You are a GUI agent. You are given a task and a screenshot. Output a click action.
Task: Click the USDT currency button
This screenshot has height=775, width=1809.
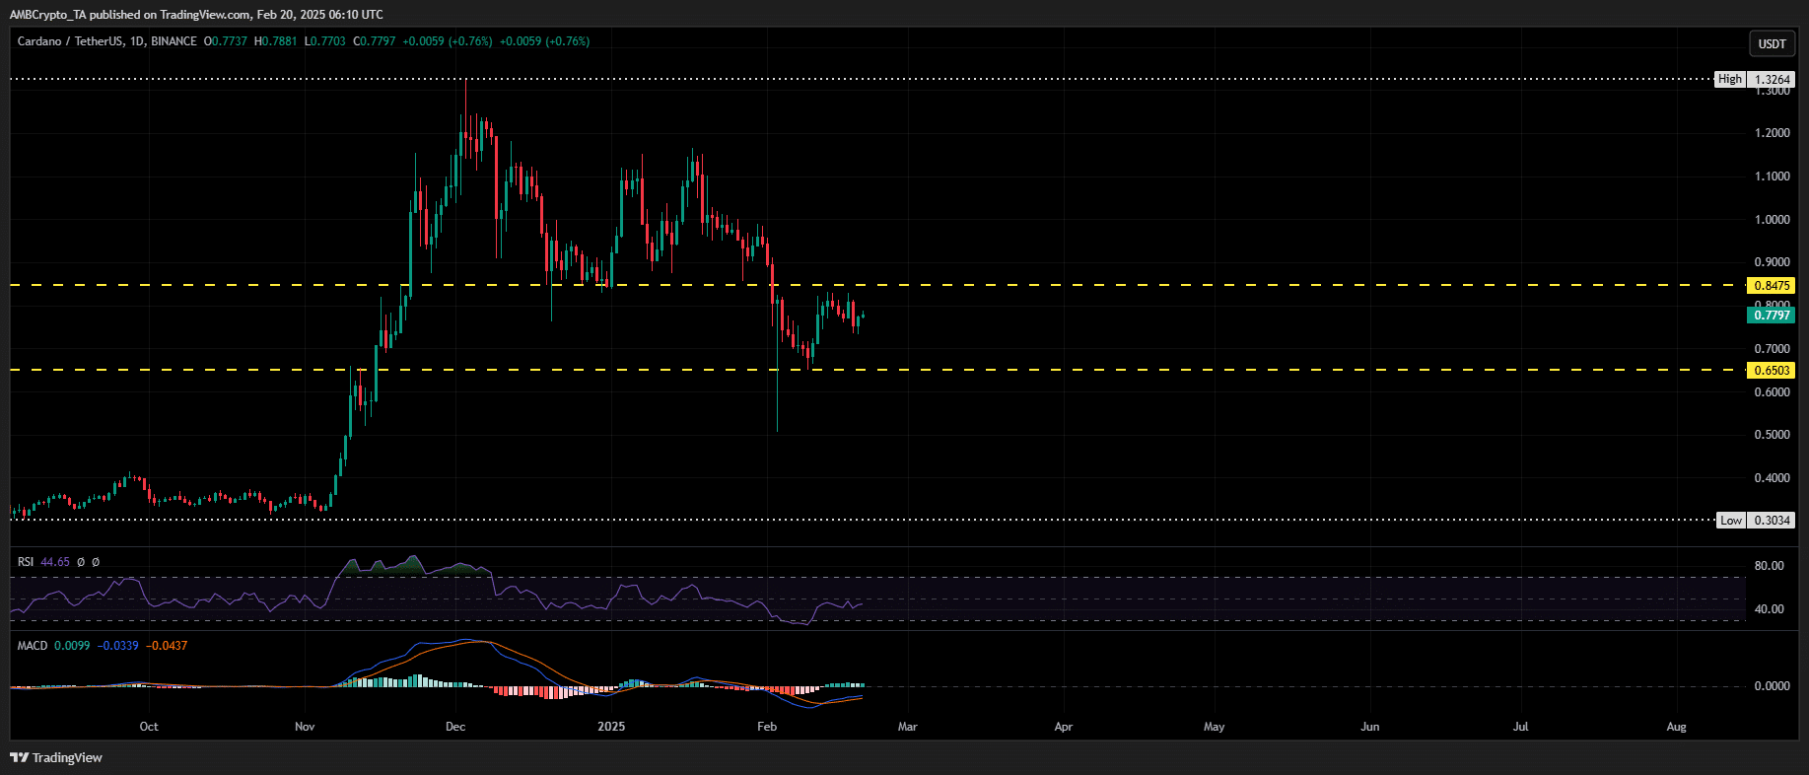(x=1772, y=43)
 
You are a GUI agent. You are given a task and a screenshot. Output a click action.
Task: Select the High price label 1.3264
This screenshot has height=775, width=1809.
(x=1772, y=79)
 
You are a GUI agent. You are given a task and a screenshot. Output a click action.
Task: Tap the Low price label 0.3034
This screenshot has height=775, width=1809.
(x=1772, y=520)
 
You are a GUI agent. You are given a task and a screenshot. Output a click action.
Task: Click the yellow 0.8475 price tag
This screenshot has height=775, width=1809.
(x=1772, y=286)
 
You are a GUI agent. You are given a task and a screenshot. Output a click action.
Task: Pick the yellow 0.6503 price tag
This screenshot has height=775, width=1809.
(x=1772, y=371)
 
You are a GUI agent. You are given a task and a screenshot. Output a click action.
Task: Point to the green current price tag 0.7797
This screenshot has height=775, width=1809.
(x=1772, y=316)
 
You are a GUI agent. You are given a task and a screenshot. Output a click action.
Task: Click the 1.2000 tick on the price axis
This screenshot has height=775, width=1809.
(x=1772, y=133)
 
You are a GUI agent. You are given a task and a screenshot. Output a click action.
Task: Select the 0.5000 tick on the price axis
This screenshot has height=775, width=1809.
(x=1772, y=435)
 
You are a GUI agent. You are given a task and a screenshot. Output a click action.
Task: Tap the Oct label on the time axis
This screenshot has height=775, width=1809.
(x=149, y=727)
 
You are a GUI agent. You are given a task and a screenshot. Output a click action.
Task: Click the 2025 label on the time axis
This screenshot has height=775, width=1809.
(x=611, y=727)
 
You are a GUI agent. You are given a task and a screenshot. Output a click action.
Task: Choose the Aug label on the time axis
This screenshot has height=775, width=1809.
(x=1676, y=727)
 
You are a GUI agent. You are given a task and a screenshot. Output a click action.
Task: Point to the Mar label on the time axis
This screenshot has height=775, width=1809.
(x=907, y=727)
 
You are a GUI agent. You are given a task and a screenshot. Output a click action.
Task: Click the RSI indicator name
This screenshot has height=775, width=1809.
(x=26, y=562)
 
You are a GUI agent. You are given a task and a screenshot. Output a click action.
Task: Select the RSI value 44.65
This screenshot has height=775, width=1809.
(x=55, y=562)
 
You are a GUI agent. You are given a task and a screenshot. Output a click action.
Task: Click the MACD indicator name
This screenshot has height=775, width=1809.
(x=33, y=646)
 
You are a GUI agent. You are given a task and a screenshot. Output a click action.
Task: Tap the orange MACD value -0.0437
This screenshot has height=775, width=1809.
(x=167, y=646)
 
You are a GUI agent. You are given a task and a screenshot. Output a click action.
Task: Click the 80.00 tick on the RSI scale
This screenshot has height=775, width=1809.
(x=1769, y=566)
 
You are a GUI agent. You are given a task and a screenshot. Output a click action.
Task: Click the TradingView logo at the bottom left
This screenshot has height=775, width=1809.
(x=56, y=757)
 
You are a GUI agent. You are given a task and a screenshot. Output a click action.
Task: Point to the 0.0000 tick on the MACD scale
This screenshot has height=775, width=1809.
(x=1772, y=686)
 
